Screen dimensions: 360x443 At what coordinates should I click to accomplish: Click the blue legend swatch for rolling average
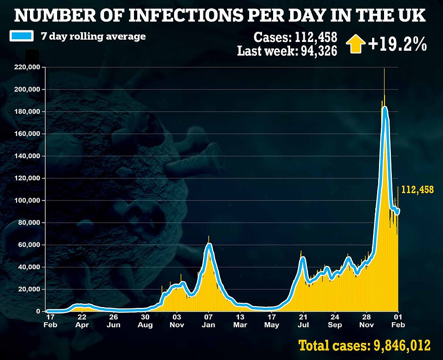[21, 36]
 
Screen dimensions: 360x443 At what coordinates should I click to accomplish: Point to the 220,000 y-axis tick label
[28, 67]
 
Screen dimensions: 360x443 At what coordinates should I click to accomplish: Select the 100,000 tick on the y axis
[28, 201]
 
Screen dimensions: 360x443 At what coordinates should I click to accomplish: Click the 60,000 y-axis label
[29, 245]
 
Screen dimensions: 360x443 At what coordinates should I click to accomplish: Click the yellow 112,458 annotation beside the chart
[418, 189]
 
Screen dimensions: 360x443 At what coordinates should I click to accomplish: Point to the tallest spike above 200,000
[384, 71]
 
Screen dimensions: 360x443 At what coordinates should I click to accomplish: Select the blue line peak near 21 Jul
[303, 258]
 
